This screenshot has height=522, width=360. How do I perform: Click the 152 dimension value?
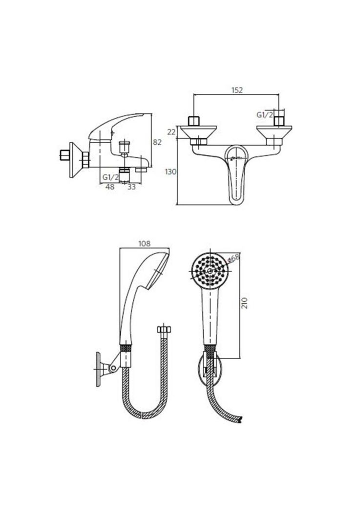point(237,90)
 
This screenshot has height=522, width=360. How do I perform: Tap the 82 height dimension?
point(157,142)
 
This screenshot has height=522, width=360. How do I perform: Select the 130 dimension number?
point(170,172)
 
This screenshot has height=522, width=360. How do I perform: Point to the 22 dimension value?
point(171,132)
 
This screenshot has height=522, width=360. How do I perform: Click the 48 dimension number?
point(110,187)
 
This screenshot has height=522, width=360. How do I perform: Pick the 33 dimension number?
point(131,187)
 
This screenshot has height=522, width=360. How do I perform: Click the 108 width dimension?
point(144,244)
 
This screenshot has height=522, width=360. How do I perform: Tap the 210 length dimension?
point(245,303)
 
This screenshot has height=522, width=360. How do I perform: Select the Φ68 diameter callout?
point(234,258)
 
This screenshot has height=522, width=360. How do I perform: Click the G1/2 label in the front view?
point(265,115)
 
